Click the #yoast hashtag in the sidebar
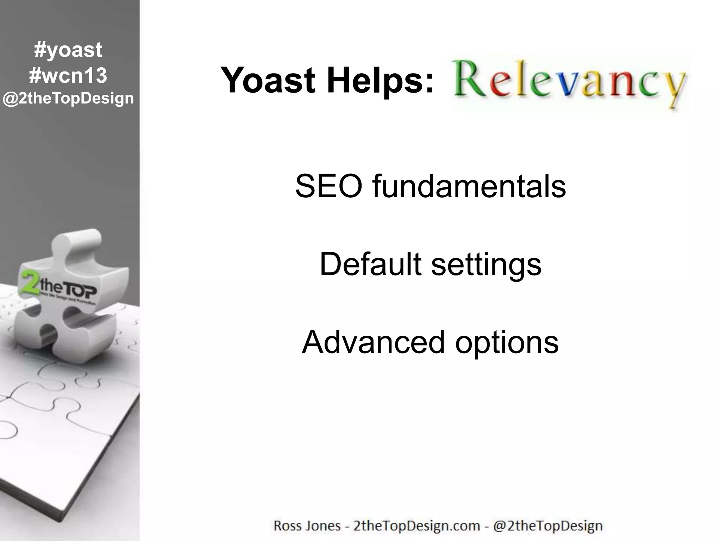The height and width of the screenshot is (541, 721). point(68,50)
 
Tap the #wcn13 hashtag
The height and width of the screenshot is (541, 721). point(68,75)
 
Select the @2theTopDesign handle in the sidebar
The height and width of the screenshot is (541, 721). point(68,98)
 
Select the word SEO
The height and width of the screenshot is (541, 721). point(328,186)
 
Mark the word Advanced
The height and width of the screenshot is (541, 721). point(373,342)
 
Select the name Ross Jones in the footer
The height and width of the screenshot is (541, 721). point(307,526)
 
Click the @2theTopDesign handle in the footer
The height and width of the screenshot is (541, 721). point(548,526)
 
